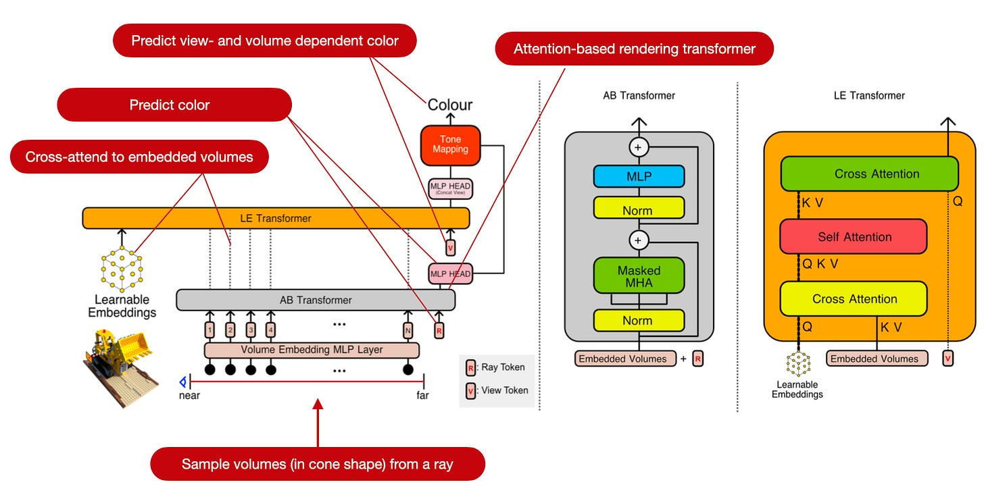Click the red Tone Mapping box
click(x=449, y=145)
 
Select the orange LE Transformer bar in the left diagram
click(x=276, y=218)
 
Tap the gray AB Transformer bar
click(x=316, y=300)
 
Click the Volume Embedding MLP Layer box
click(x=312, y=350)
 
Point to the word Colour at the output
click(x=450, y=105)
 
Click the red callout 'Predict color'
click(x=174, y=105)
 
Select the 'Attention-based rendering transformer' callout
click(x=634, y=49)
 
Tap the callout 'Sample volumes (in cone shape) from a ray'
click(x=317, y=464)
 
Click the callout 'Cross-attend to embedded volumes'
click(x=139, y=157)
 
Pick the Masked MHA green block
click(x=639, y=276)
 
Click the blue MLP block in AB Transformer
click(x=639, y=176)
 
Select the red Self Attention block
click(x=854, y=237)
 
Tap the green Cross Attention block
click(x=876, y=174)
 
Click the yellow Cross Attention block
click(x=854, y=299)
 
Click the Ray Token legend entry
click(x=497, y=367)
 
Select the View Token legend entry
click(x=497, y=390)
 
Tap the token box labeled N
click(x=408, y=330)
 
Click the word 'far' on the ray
click(x=422, y=396)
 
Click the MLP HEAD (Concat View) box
click(x=450, y=188)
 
